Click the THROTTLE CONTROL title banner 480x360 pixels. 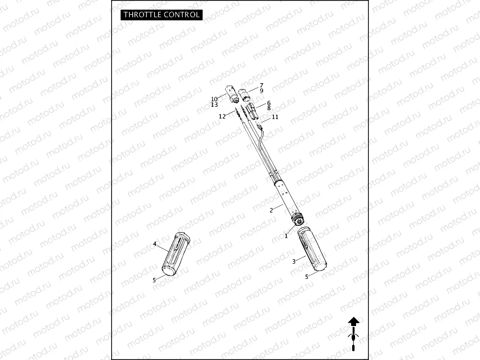tap(161, 15)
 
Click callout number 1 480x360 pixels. tap(286, 236)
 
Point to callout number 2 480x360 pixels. tap(271, 210)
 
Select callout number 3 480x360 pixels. tap(294, 262)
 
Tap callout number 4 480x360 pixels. tap(154, 244)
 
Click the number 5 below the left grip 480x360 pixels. tap(154, 280)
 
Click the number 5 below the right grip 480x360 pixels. tap(307, 276)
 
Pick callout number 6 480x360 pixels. tap(269, 103)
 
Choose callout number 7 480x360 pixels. tap(261, 85)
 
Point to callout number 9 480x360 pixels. tap(261, 91)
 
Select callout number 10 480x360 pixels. tap(214, 99)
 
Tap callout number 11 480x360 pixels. tap(275, 117)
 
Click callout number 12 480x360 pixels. tap(222, 117)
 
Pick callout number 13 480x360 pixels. tap(214, 105)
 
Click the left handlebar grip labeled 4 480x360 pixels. tap(176, 254)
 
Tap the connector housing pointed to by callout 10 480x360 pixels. tap(232, 93)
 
